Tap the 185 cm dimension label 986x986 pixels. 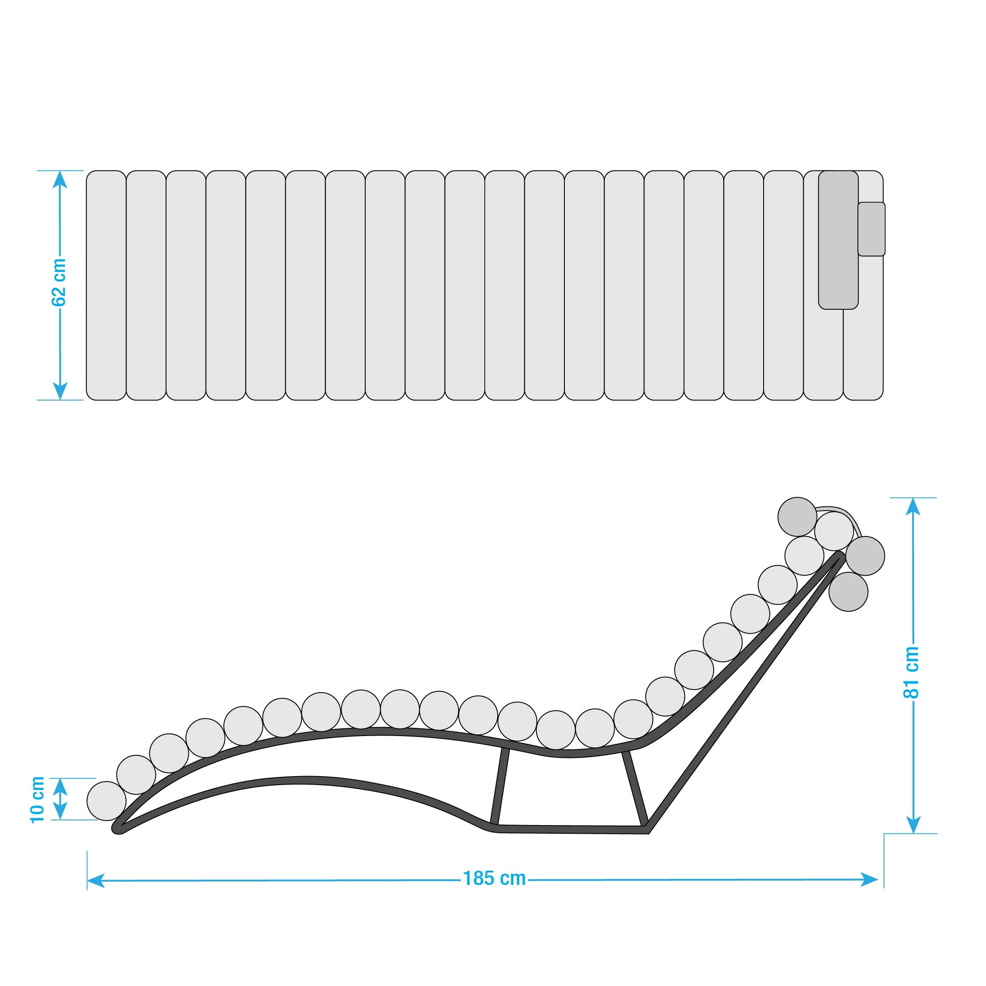(494, 878)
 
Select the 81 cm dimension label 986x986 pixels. (912, 672)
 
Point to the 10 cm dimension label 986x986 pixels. (38, 800)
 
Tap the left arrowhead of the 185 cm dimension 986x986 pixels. (96, 880)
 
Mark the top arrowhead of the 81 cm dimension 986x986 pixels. (913, 506)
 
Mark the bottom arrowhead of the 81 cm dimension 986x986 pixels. (913, 824)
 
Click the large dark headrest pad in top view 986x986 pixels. (838, 240)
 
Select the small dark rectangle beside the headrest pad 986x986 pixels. (871, 228)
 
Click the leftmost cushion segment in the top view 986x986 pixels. (106, 285)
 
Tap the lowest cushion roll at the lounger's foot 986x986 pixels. (106, 801)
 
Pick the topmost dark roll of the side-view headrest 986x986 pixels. (797, 517)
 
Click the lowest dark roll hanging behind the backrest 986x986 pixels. (848, 592)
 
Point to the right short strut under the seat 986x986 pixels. (635, 788)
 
